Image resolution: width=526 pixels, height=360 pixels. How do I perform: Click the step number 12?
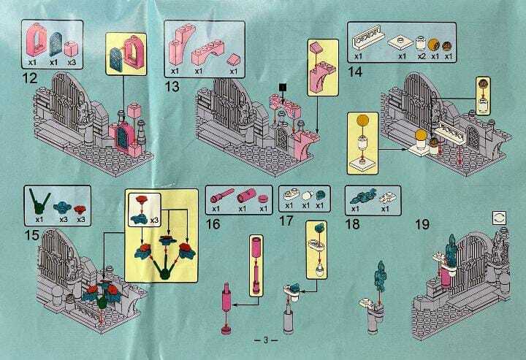point(30,78)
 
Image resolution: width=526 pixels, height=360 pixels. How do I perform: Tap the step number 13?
point(172,86)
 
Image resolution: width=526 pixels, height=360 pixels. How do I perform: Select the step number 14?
point(355,72)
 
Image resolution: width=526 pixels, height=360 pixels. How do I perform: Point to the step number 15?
point(31,234)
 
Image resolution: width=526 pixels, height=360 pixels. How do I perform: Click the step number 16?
point(213,223)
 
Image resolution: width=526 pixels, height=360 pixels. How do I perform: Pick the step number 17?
point(286,221)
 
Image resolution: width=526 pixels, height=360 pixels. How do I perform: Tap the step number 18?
point(353,223)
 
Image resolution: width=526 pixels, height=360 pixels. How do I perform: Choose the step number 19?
point(422,224)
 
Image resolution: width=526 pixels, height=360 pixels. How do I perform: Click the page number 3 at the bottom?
point(266,340)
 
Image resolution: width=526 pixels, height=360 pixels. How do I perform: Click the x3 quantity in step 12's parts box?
point(72,62)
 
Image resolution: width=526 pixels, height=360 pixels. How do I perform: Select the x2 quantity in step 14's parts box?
point(422,56)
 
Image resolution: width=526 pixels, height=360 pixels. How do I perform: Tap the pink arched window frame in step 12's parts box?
point(36,39)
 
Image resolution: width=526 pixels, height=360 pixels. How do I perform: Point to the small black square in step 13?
point(283,87)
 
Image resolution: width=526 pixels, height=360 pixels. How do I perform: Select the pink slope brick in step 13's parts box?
point(234,61)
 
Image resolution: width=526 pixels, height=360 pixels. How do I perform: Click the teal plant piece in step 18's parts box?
point(362,196)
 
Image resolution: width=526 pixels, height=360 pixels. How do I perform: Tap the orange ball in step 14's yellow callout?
point(362,120)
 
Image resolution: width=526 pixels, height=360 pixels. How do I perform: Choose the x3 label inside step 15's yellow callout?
point(154,221)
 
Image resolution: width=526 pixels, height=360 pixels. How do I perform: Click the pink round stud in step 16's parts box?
point(263,198)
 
